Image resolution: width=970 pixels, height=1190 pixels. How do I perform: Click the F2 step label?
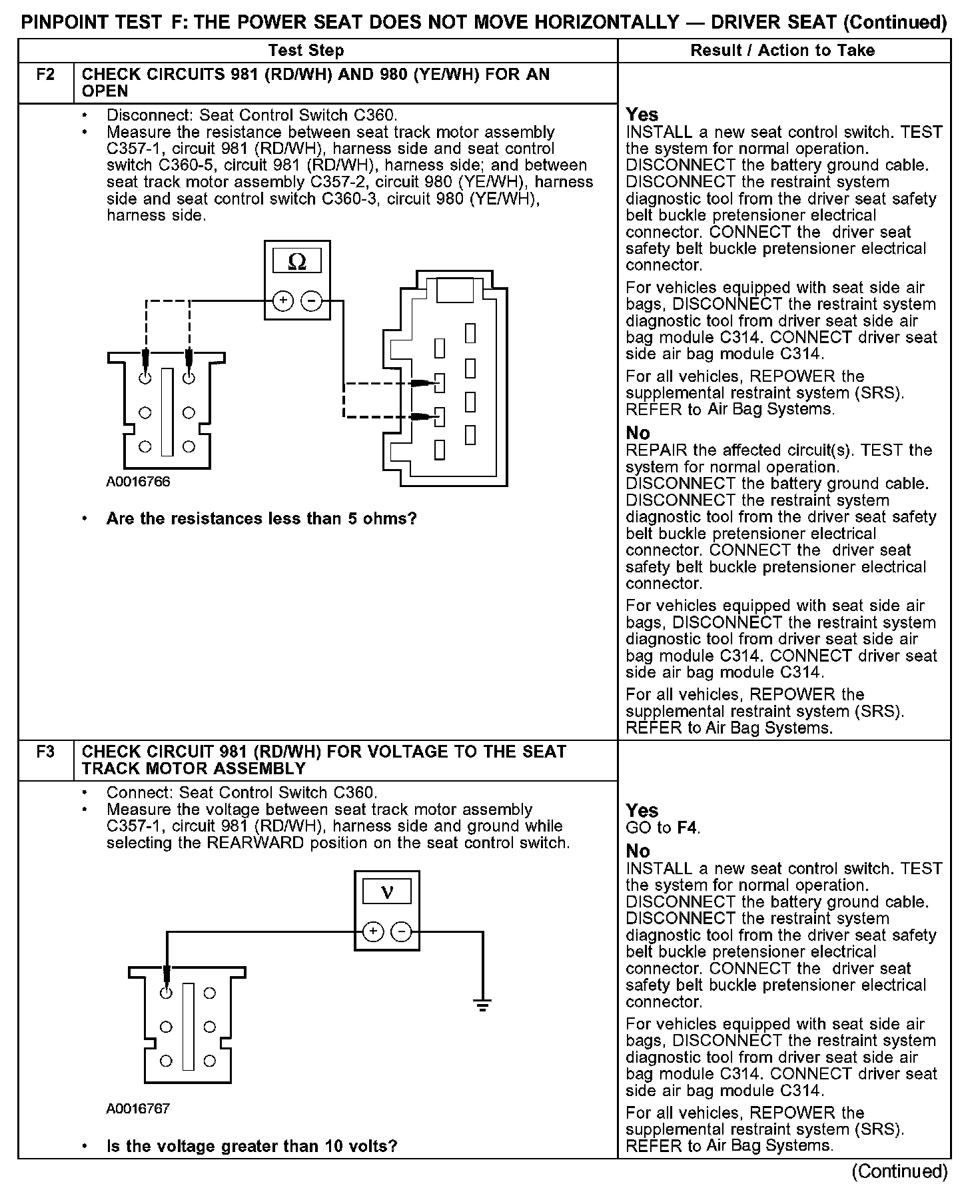(45, 74)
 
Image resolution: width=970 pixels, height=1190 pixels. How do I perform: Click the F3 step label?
(45, 752)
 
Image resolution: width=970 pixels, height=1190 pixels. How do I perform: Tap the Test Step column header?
(306, 51)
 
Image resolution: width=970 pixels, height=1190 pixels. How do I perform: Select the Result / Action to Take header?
(783, 51)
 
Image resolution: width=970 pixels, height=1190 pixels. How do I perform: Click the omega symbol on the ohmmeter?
(297, 262)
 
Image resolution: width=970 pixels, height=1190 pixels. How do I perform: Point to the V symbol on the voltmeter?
(387, 892)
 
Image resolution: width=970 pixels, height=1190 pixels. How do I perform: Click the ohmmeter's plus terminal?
(283, 301)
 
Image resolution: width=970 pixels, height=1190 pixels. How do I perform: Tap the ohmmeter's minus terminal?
(311, 301)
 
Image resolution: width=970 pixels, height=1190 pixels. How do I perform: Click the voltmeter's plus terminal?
(373, 931)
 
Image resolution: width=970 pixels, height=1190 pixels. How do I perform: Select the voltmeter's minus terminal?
(401, 931)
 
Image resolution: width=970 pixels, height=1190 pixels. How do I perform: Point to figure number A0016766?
(138, 482)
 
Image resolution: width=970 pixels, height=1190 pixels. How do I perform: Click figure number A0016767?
(138, 1109)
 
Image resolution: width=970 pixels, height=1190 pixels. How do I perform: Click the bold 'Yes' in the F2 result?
(642, 115)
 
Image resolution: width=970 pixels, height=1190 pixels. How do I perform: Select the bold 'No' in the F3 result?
(638, 851)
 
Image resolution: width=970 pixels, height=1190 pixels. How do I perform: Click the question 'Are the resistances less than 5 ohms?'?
(261, 518)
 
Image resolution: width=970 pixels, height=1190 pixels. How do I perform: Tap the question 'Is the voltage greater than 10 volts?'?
(252, 1146)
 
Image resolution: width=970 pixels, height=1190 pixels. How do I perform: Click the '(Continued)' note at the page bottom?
(899, 1171)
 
